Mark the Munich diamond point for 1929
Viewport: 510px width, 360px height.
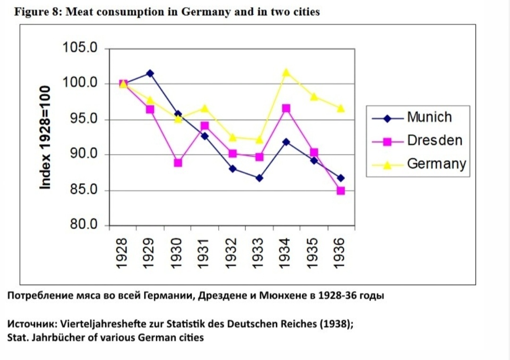click(x=150, y=73)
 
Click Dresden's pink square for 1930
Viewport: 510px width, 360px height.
click(x=178, y=163)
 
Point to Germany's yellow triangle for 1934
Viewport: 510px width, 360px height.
click(x=286, y=72)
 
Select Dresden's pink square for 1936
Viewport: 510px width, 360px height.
click(x=340, y=190)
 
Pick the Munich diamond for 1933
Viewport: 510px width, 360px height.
click(x=259, y=178)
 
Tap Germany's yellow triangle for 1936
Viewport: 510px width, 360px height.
click(x=340, y=108)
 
